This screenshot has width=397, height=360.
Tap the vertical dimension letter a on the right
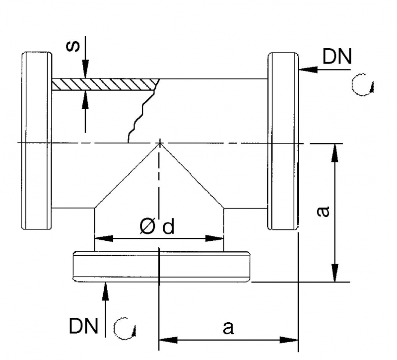click(323, 212)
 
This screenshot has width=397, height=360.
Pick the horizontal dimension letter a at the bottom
click(228, 328)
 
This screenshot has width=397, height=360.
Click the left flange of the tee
click(37, 140)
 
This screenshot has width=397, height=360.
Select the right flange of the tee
click(283, 141)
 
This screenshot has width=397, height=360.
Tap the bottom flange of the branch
click(162, 267)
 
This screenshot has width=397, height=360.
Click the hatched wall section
click(104, 84)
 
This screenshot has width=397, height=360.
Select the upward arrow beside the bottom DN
click(105, 290)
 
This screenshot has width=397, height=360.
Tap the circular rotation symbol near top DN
click(361, 86)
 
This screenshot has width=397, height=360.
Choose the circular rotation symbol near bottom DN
click(124, 328)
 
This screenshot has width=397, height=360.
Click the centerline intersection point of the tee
click(160, 143)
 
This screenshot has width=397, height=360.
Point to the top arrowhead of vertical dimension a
click(335, 151)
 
